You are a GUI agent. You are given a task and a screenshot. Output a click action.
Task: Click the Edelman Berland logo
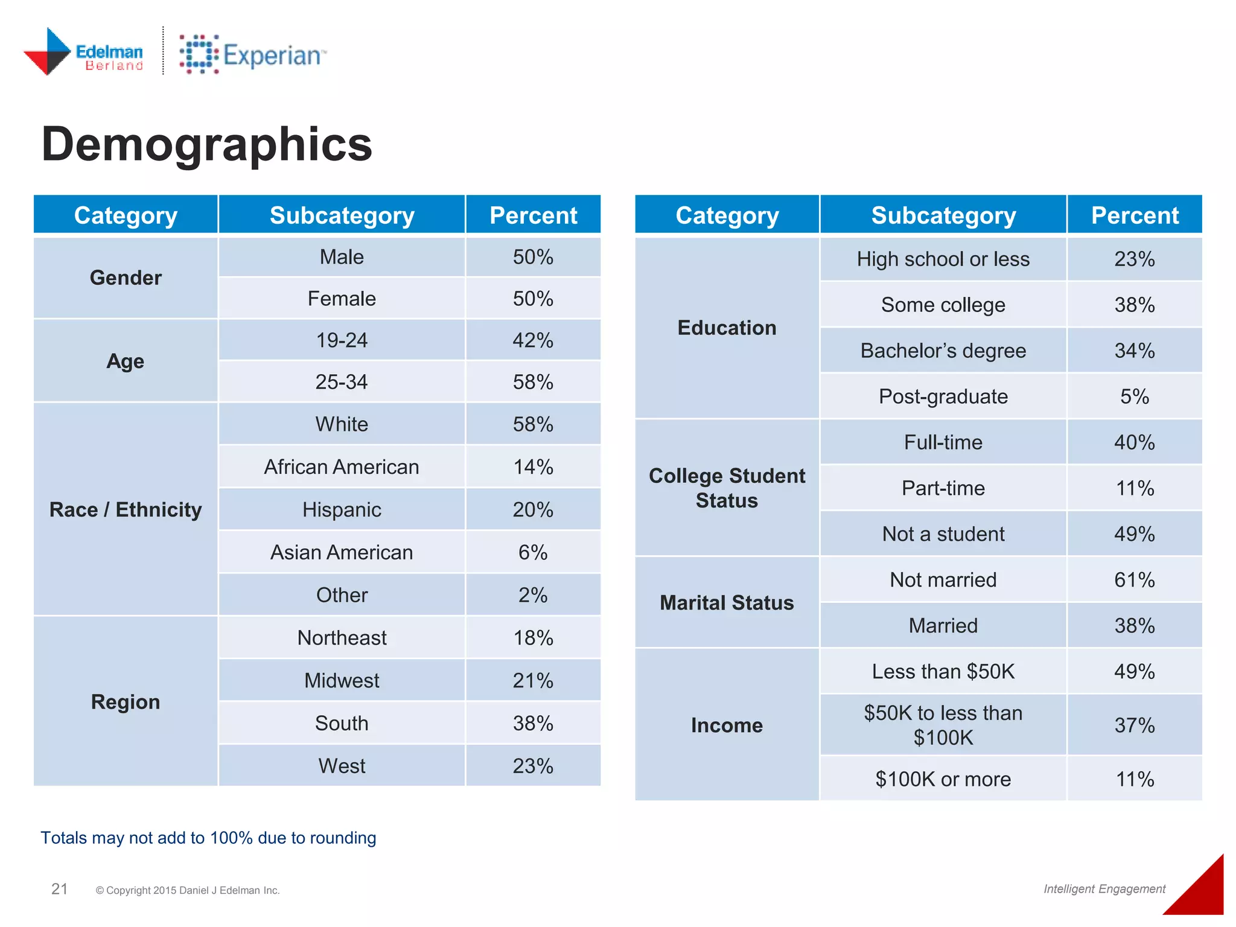[x=83, y=53]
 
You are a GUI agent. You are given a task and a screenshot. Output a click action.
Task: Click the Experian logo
[x=252, y=55]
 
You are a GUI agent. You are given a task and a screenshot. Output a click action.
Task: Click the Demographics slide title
[x=206, y=145]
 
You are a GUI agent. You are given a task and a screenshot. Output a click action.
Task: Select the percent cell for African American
[x=533, y=467]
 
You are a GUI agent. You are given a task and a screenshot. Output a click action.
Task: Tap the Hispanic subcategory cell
[x=342, y=510]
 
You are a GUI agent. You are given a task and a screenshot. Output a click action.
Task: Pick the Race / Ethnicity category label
[x=126, y=510]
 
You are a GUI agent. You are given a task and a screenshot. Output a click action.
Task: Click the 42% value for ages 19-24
[x=533, y=340]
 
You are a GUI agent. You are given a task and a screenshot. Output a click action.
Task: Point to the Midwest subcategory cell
[x=342, y=681]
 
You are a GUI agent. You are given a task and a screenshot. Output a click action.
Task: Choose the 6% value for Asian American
[x=533, y=552]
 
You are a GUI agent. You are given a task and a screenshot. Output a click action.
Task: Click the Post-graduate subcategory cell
[x=943, y=397]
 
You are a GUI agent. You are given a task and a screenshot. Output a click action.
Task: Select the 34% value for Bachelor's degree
[x=1134, y=351]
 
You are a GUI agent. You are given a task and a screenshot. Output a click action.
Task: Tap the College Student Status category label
[x=727, y=488]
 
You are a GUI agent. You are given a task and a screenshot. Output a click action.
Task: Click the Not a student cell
[x=943, y=534]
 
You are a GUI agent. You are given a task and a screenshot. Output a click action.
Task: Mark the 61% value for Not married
[x=1134, y=580]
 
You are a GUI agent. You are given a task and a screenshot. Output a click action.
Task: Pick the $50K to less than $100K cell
[x=943, y=725]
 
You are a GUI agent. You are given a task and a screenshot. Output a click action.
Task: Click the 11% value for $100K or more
[x=1134, y=779]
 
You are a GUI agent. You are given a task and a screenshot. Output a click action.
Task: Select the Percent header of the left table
[x=533, y=215]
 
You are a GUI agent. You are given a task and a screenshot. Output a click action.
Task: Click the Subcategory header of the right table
[x=943, y=215]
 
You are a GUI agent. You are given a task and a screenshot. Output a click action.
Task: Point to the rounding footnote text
[x=208, y=838]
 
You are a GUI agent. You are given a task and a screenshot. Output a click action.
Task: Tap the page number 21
[x=59, y=889]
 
